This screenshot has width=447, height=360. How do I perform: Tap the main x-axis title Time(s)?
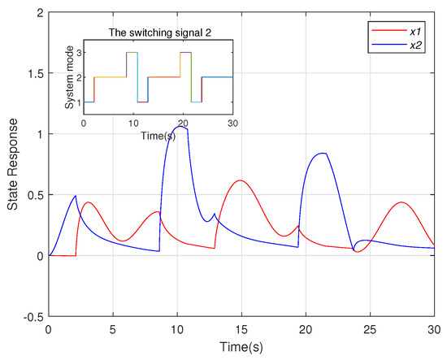pyautogui.click(x=241, y=347)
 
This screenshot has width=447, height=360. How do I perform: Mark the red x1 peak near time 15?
pyautogui.click(x=240, y=180)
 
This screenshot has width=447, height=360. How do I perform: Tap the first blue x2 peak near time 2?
pyautogui.click(x=76, y=195)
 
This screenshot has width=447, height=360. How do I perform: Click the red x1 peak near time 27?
pyautogui.click(x=400, y=202)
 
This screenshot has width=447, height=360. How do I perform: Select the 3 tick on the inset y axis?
pyautogui.click(x=78, y=52)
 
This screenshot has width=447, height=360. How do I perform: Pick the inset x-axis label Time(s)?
pyautogui.click(x=158, y=134)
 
